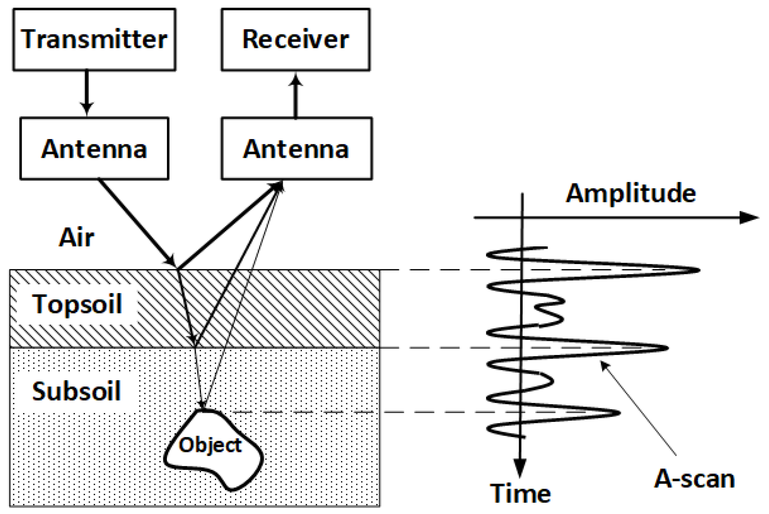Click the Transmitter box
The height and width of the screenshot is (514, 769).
pos(94,40)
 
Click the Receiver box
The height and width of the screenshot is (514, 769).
pos(295,40)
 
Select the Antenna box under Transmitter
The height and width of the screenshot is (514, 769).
pos(94,149)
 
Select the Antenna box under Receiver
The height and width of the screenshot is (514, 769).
pos(296,149)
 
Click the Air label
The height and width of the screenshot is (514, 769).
pos(76,238)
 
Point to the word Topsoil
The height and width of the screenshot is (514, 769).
pos(77,304)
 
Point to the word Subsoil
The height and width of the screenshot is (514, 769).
pos(76,391)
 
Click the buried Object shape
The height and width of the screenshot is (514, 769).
pos(212,451)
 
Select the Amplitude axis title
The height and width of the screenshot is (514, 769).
pos(630,193)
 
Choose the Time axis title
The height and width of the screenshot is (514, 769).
pos(520,493)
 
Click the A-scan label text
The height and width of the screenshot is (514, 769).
pos(694,479)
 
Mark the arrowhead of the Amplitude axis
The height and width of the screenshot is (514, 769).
pos(749,218)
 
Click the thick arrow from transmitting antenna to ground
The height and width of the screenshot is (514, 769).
pos(136,222)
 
